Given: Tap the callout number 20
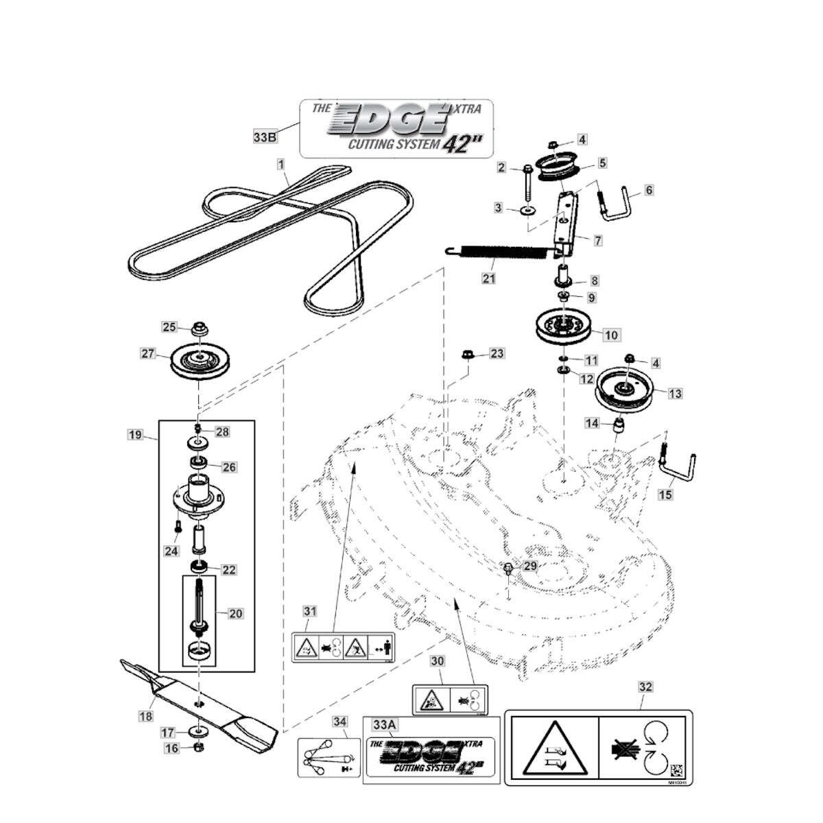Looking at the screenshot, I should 235,613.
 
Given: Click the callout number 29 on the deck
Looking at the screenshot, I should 530,566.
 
